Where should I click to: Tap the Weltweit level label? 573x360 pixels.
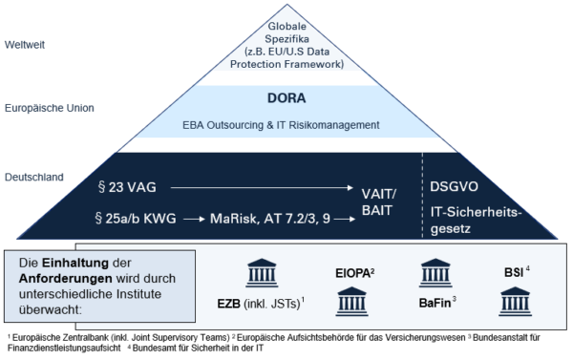point(28,43)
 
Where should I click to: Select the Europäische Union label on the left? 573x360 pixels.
point(49,108)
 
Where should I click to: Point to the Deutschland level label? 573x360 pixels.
point(34,177)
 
